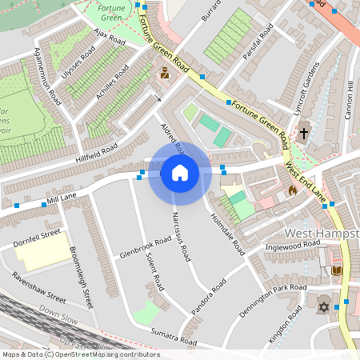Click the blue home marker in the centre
click(180, 174)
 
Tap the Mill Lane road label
click(62, 194)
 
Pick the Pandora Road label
click(210, 297)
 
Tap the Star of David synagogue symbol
click(325, 307)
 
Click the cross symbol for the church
click(303, 134)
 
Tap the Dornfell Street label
click(37, 237)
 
